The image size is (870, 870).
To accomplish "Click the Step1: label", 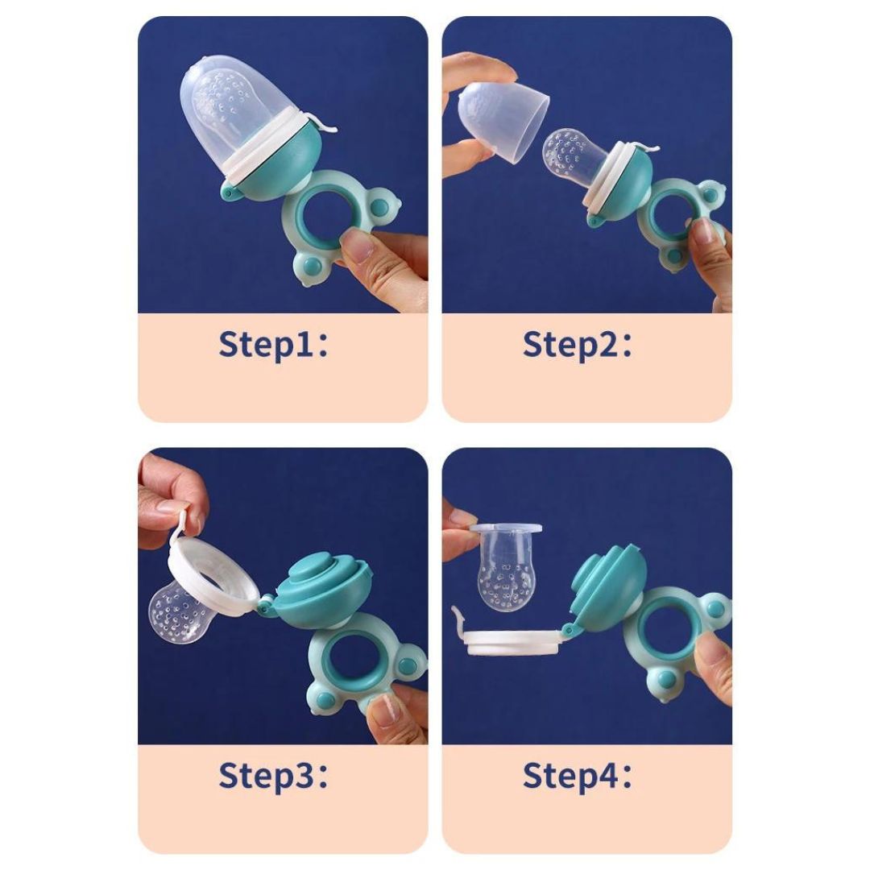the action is [x=274, y=345].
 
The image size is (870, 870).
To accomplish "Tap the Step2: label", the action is [x=578, y=345].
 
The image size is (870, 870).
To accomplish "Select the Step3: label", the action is [x=274, y=775].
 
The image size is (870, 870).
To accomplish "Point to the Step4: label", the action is [x=578, y=775].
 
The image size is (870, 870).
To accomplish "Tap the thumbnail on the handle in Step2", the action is [x=701, y=232].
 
